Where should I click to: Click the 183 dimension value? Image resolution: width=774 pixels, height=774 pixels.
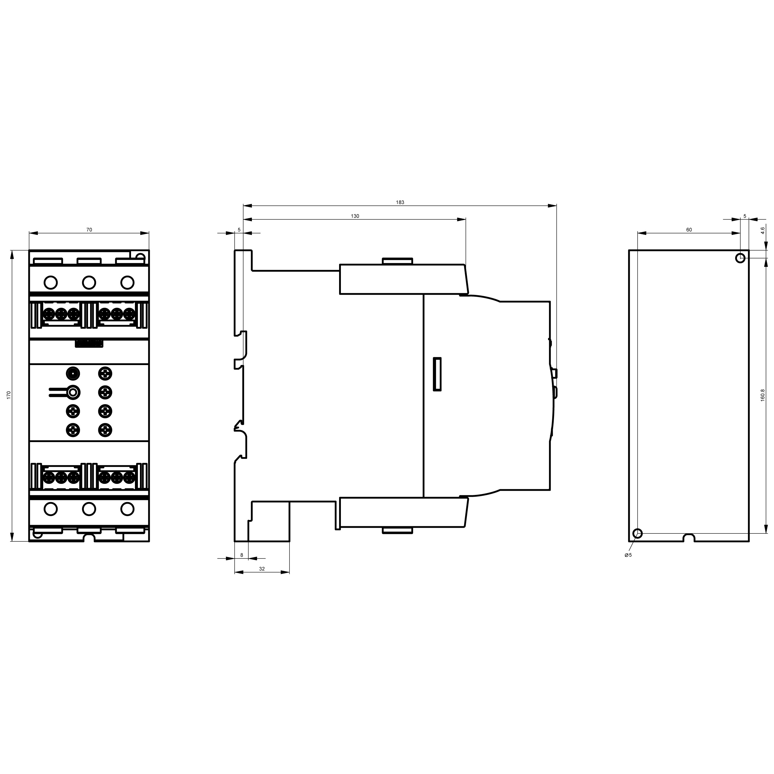[x=400, y=202]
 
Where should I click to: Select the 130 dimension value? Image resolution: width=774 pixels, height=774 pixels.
[x=355, y=216]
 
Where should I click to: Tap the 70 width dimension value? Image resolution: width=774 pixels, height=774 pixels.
[x=89, y=230]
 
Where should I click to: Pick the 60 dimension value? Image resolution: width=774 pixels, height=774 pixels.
[x=689, y=230]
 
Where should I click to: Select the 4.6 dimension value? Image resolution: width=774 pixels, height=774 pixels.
[x=763, y=230]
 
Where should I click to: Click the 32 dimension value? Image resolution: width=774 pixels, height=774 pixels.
[x=262, y=568]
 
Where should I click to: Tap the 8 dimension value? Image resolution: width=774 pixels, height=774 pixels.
[x=241, y=555]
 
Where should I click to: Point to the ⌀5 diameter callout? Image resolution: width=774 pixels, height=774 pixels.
[x=628, y=555]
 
